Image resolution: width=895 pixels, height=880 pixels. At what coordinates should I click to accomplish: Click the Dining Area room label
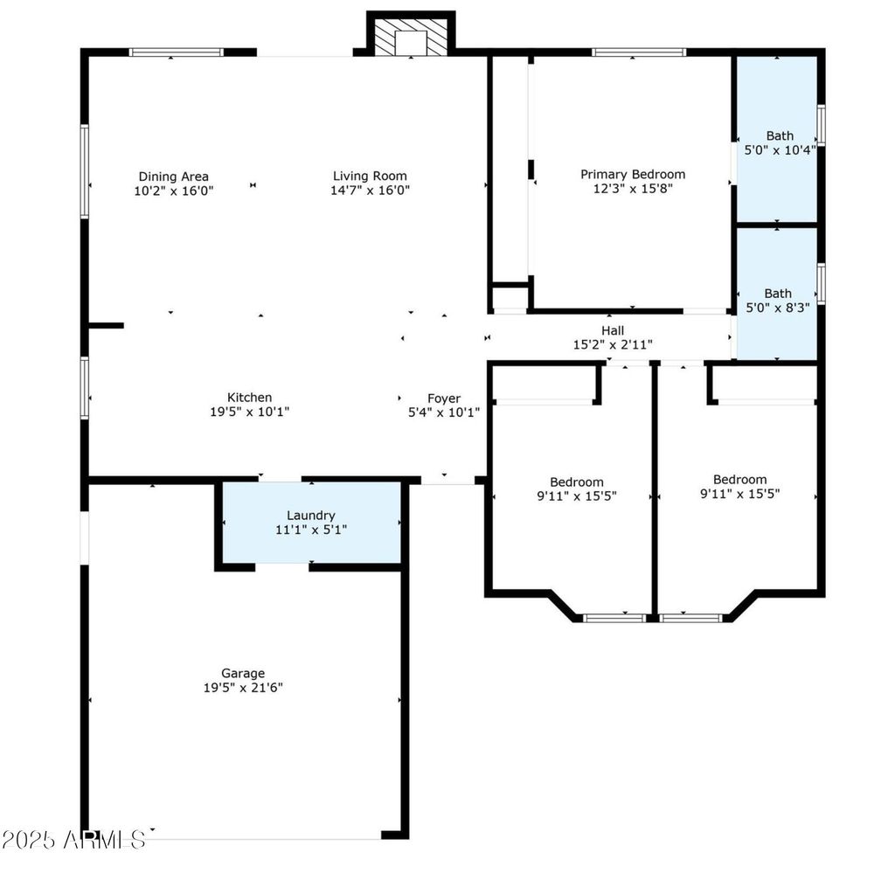coord(174,177)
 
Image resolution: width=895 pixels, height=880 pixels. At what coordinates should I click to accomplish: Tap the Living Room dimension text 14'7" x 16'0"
coord(370,190)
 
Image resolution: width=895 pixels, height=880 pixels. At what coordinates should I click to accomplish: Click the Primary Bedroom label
coord(633,174)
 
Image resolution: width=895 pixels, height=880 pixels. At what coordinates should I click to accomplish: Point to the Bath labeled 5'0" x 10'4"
coord(777,139)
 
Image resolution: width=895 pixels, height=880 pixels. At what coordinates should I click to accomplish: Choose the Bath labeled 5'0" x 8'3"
coord(777,294)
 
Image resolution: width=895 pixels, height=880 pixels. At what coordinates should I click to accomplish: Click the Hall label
coord(613,330)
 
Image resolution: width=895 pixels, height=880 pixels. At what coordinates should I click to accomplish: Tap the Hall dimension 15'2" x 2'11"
coord(613,344)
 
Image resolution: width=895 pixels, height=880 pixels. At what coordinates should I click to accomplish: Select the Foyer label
coord(443,398)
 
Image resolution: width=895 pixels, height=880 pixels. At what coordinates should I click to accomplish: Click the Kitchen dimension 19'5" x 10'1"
coord(249,412)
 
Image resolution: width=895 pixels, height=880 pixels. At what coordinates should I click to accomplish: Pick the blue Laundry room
coord(311,523)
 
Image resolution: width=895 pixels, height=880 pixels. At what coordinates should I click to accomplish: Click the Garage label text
coord(243,674)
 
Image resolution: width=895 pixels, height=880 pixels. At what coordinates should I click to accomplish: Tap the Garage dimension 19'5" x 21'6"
coord(243,688)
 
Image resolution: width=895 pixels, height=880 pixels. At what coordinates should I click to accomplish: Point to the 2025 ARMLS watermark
coord(73,840)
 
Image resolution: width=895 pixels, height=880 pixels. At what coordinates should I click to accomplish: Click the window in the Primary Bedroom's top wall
coord(639,52)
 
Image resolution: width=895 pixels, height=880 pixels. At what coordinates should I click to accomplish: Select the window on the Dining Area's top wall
coord(176,52)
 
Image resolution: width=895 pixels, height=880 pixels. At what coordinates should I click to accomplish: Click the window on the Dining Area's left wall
coord(85,171)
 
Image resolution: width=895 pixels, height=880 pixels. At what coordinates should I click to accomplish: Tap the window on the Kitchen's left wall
coord(85,388)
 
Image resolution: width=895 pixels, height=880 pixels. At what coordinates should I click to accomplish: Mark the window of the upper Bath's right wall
coord(821,124)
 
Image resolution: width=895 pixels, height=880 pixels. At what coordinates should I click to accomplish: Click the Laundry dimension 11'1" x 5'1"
coord(311,530)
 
